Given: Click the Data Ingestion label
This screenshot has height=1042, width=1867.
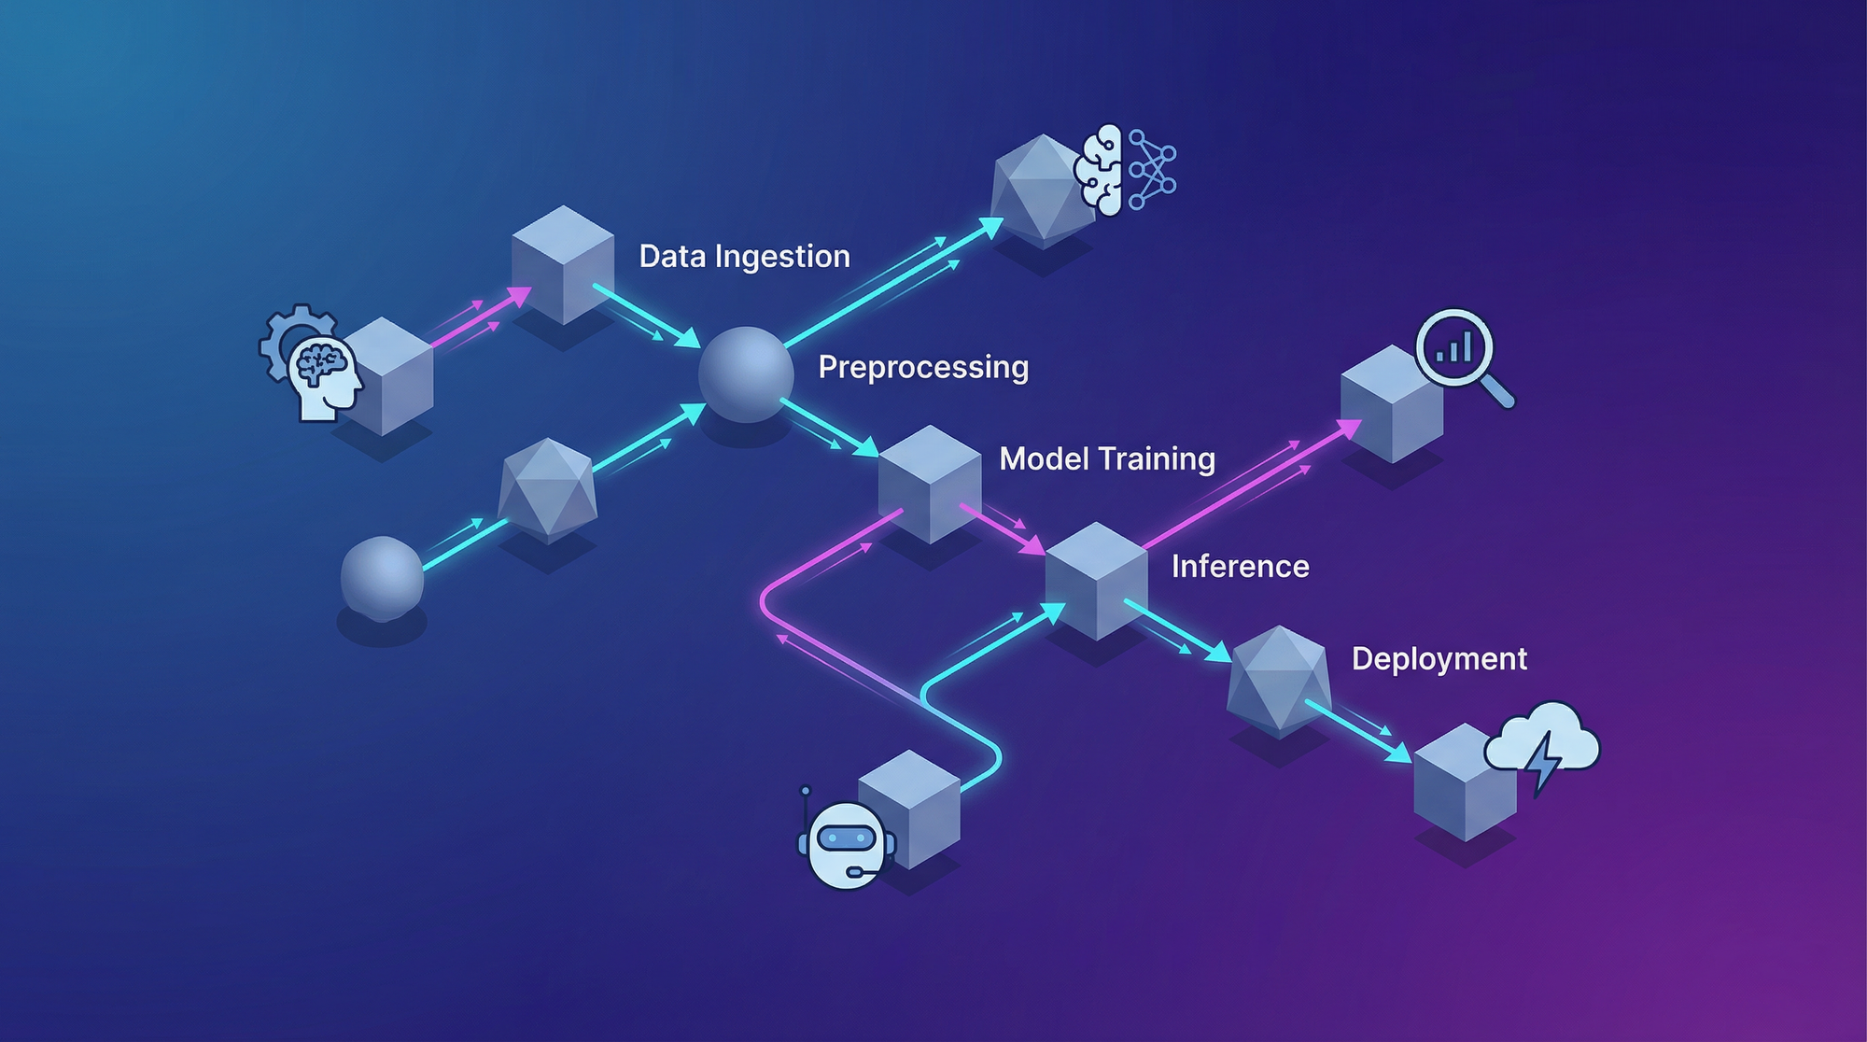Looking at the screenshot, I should point(744,256).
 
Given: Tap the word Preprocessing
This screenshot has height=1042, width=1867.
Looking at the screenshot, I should point(923,367).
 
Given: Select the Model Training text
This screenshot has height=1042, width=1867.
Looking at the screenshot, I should point(1107,458).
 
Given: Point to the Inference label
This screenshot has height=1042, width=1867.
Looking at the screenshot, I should point(1240,566).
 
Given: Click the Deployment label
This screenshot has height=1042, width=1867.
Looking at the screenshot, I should point(1439,658).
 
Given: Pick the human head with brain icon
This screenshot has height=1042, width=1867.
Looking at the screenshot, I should point(323,375).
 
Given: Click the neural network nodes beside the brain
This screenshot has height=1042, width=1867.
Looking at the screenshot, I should point(1152,169).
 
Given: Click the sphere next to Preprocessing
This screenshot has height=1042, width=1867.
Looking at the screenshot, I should point(745,373).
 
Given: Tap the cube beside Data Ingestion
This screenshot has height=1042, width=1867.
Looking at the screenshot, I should point(562,265).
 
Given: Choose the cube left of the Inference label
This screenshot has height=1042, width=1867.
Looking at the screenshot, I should point(1096,581).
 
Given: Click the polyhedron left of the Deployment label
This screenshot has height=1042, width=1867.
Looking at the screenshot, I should point(1278,680).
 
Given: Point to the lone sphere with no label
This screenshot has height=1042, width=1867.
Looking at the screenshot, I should point(382,579).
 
